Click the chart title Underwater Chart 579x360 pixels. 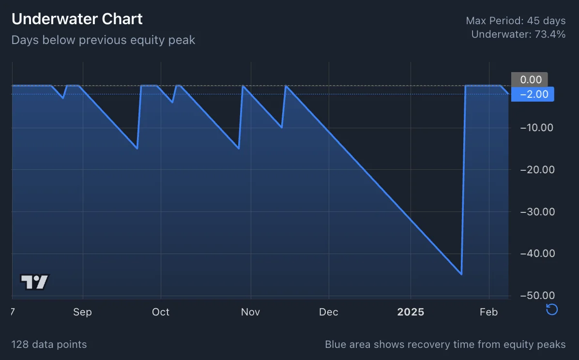pyautogui.click(x=77, y=19)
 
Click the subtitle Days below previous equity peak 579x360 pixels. pyautogui.click(x=103, y=40)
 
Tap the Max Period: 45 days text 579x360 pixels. pyautogui.click(x=516, y=21)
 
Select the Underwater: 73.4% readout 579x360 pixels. pyautogui.click(x=518, y=34)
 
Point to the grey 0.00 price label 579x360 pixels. pyautogui.click(x=530, y=79)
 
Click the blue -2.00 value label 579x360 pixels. pyautogui.click(x=533, y=94)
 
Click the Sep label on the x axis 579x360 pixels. pyautogui.click(x=82, y=312)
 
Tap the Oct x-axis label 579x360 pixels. pyautogui.click(x=161, y=312)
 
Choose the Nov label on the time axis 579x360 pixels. pyautogui.click(x=250, y=312)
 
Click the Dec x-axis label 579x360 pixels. pyautogui.click(x=329, y=312)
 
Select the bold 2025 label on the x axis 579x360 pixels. pyautogui.click(x=411, y=312)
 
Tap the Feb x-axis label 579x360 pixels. pyautogui.click(x=488, y=312)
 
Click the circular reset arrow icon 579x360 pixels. pyautogui.click(x=552, y=310)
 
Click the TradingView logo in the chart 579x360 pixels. pyautogui.click(x=35, y=282)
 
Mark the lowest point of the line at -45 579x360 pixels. pyautogui.click(x=461, y=274)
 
